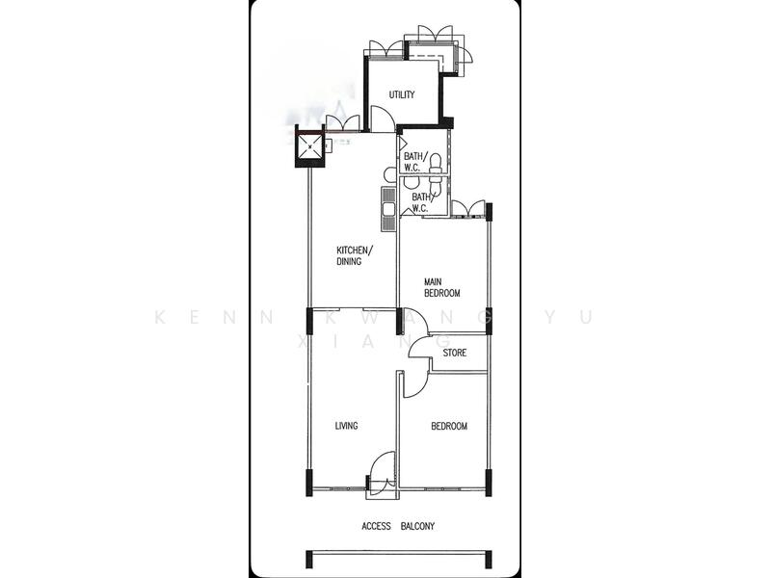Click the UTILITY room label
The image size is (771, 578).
(x=402, y=94)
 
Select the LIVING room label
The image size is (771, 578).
(x=346, y=426)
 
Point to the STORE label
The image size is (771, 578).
(x=455, y=353)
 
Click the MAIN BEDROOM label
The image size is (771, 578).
(x=442, y=288)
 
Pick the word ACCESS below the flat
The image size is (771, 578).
(x=376, y=526)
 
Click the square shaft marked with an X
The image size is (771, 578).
(x=309, y=147)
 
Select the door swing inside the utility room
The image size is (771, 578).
(x=382, y=119)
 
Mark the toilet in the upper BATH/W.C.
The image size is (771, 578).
(x=435, y=162)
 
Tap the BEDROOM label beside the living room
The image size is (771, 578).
(x=448, y=426)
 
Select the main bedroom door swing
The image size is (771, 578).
(x=413, y=321)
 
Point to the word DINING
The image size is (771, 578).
(x=349, y=261)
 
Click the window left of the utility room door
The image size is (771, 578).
(x=343, y=122)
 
